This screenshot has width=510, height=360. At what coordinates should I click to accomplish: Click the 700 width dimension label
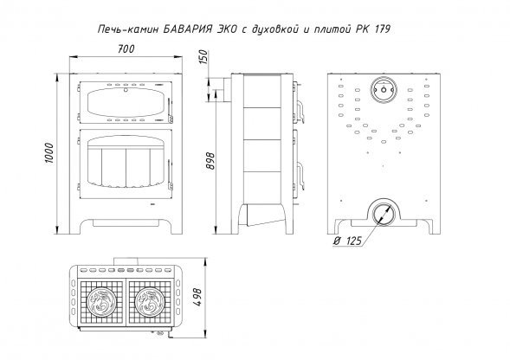(x=126, y=49)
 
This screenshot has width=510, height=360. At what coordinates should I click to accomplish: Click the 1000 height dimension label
(x=49, y=153)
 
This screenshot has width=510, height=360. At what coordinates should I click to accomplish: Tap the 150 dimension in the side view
(x=203, y=56)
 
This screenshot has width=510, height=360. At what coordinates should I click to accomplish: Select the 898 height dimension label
(x=210, y=161)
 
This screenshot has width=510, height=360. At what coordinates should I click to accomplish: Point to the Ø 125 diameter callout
(x=348, y=241)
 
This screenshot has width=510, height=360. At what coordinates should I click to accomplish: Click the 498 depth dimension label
(x=197, y=297)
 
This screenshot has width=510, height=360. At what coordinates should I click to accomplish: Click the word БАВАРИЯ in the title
(x=188, y=29)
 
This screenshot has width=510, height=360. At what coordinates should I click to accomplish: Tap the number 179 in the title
(x=383, y=29)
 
